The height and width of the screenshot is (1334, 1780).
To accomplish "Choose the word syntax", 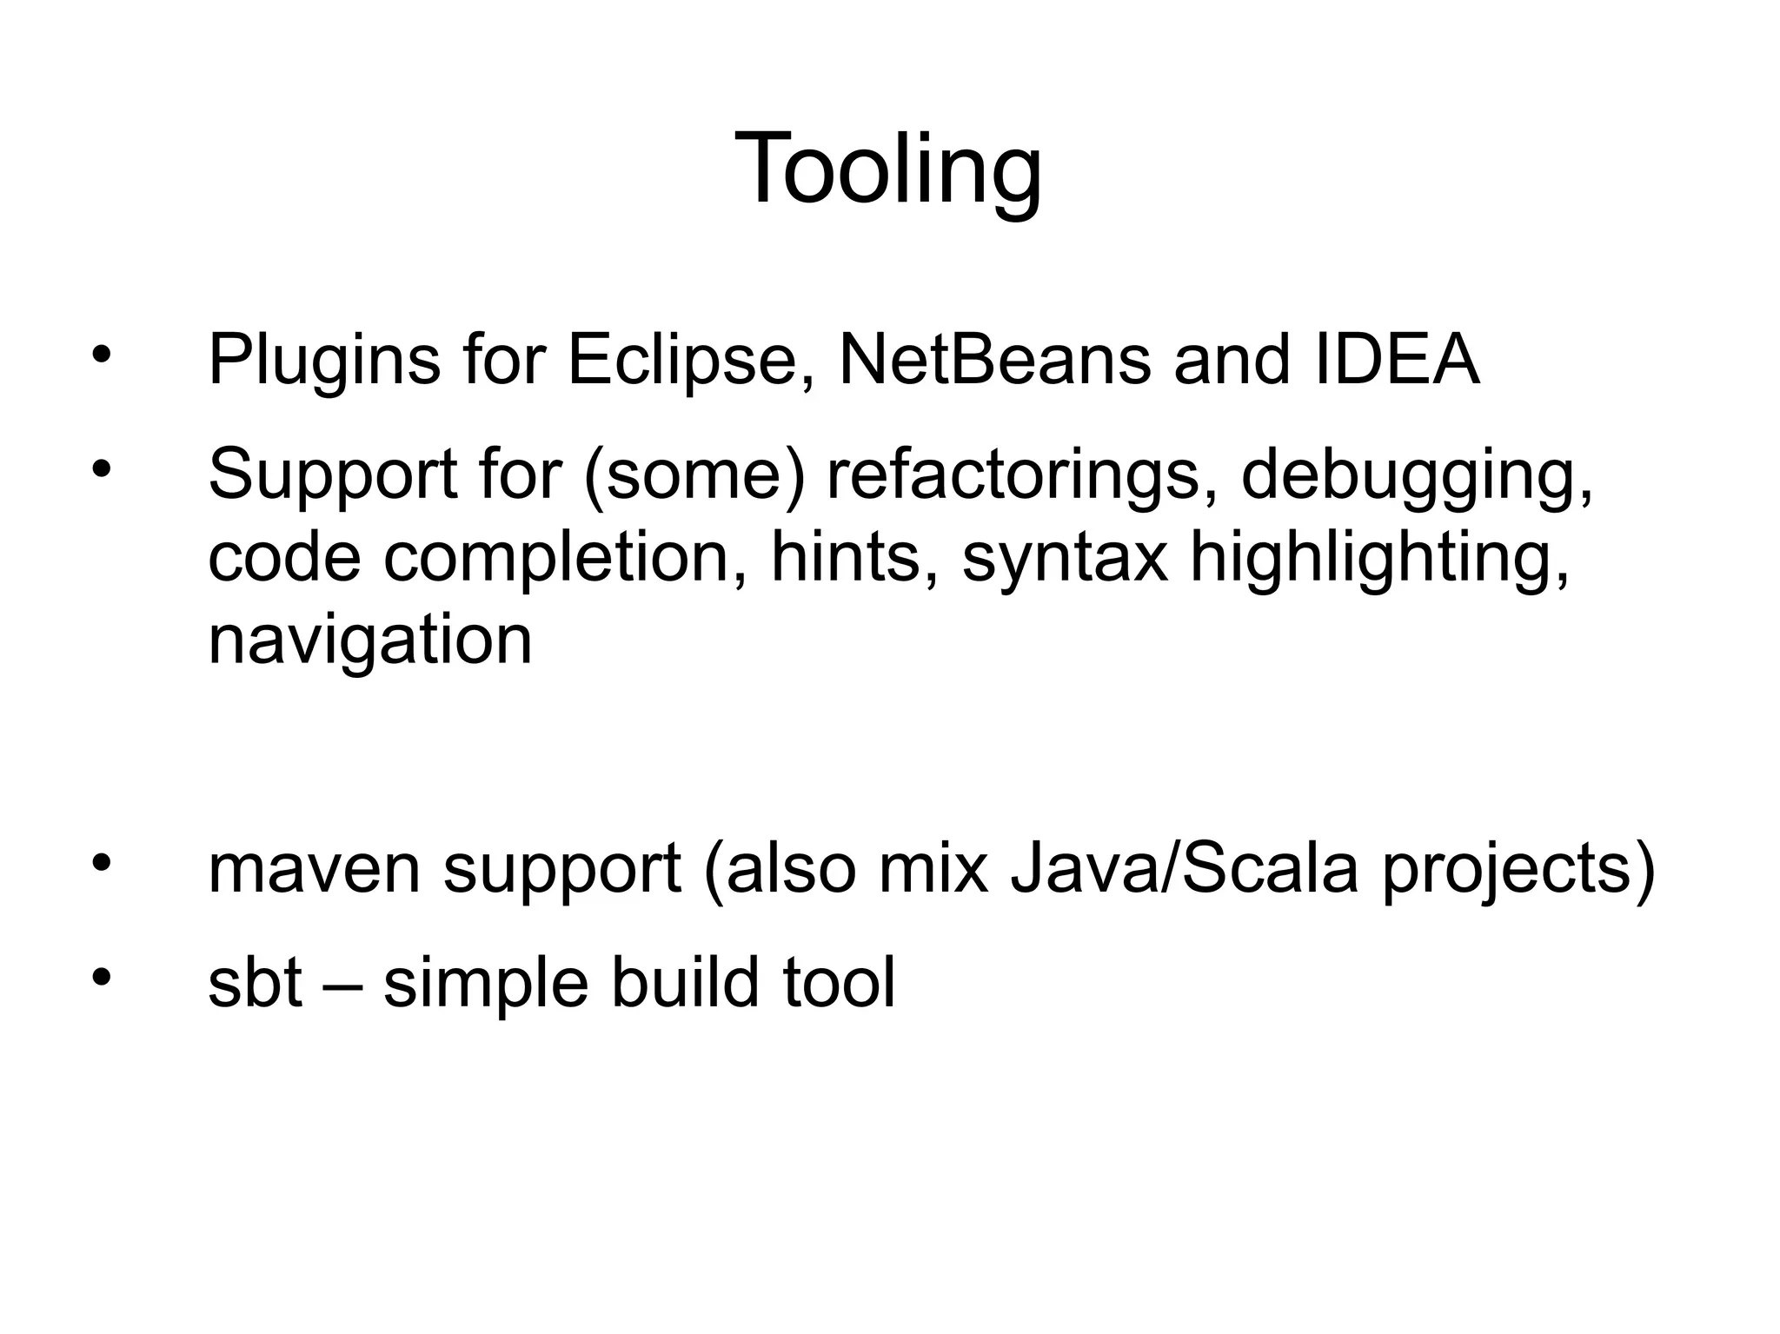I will point(1065,560).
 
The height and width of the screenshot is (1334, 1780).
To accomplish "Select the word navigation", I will point(369,641).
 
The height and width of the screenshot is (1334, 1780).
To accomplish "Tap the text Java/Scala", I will point(1184,870).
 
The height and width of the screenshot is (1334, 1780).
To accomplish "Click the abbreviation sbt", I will point(255,983).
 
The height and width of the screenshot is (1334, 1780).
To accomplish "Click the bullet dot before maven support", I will point(102,862).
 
